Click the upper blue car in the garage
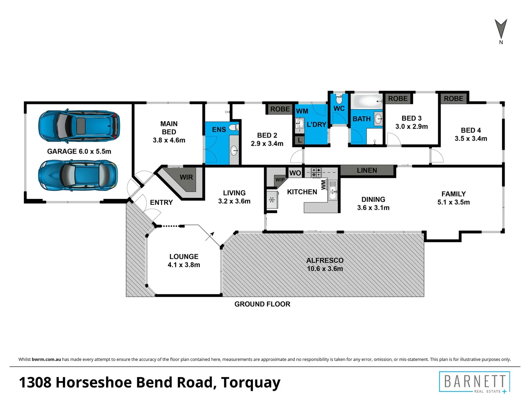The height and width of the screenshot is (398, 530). click(79, 126)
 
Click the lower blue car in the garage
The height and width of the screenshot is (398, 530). click(78, 175)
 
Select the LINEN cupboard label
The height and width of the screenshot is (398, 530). click(367, 170)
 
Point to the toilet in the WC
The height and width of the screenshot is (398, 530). click(339, 99)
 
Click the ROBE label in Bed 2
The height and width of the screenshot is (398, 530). click(280, 109)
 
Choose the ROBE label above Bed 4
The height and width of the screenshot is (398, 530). click(453, 98)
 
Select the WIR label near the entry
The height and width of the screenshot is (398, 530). click(186, 177)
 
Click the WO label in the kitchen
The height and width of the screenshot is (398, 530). click(295, 173)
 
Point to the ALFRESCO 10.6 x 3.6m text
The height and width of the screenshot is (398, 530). click(325, 264)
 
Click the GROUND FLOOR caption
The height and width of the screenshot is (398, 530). click(262, 304)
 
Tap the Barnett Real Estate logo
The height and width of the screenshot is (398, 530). click(474, 382)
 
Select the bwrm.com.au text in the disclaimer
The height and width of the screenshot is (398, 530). click(46, 359)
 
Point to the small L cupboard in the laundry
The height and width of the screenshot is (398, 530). click(300, 140)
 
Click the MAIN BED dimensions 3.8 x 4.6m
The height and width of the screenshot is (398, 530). click(169, 140)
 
